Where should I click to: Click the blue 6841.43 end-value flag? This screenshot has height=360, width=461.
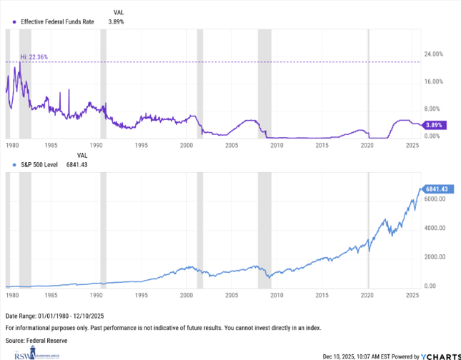tap(436, 189)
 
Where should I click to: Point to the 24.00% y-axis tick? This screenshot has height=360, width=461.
tap(434, 54)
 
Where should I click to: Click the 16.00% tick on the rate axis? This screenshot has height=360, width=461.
tap(434, 82)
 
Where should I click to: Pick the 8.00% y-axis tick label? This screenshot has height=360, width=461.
tap(432, 109)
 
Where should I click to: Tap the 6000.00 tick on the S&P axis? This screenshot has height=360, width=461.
tap(435, 199)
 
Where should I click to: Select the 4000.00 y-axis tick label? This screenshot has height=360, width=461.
tap(435, 229)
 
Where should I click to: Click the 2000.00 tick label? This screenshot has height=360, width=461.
tap(435, 257)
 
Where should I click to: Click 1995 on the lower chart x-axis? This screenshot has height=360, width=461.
tap(142, 294)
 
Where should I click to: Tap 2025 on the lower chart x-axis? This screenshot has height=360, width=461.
tap(412, 294)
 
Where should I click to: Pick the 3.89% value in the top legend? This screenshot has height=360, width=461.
tap(116, 22)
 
